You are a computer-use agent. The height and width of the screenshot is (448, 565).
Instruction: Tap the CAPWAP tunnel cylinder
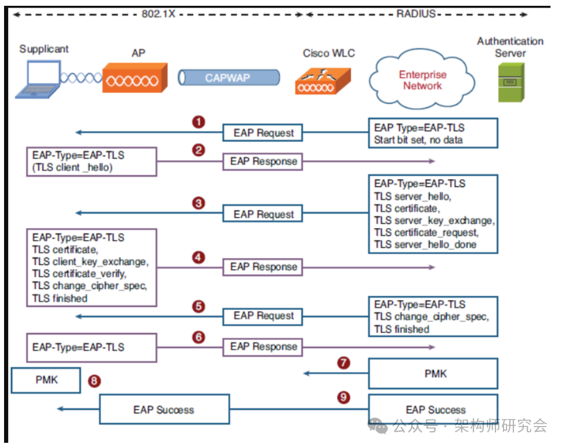[x=229, y=78]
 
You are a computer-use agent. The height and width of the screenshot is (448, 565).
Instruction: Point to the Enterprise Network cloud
[x=422, y=80]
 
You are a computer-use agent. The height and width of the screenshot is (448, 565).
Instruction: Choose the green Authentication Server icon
[x=510, y=82]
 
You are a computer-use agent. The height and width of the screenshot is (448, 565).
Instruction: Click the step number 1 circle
[x=199, y=122]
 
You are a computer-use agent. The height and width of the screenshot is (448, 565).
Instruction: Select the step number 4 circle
[x=199, y=257]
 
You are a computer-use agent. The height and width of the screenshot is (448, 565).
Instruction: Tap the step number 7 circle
[x=344, y=363]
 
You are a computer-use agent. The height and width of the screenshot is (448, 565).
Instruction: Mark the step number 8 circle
[x=94, y=381]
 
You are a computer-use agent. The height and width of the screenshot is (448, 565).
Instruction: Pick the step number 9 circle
[x=344, y=398]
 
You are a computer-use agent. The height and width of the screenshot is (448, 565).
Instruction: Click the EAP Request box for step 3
[x=264, y=215]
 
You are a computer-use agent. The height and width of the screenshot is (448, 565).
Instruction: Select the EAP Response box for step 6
[x=263, y=346]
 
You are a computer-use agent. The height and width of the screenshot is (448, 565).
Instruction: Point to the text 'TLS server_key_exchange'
[x=434, y=221]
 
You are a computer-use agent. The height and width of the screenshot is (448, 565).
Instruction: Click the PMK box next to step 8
[x=46, y=381]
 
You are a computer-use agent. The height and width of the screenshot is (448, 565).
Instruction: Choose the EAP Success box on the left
[x=164, y=410]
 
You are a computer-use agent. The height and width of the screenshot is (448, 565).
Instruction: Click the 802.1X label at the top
[x=158, y=13]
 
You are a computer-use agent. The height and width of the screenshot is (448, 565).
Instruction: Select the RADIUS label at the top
[x=416, y=13]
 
